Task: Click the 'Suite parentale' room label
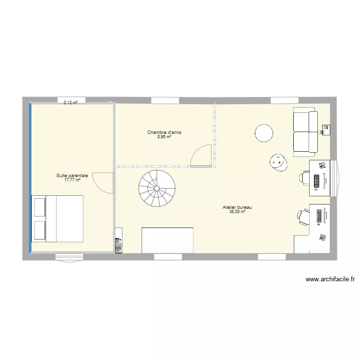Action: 72,176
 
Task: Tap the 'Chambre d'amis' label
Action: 164,132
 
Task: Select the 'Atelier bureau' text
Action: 237,207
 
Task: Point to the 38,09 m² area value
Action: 237,212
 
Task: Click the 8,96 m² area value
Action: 164,137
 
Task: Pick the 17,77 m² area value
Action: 72,180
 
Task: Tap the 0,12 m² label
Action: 71,103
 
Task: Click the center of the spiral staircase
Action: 156,188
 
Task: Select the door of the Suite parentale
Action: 103,183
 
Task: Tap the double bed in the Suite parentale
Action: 58,218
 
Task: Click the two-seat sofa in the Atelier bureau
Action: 305,132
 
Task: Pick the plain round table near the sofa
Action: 264,133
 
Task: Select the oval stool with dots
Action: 278,162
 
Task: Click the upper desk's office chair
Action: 305,178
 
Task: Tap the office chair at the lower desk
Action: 303,217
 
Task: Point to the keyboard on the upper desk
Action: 317,181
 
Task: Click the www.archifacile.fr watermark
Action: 330,279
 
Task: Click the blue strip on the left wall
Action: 31,178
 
